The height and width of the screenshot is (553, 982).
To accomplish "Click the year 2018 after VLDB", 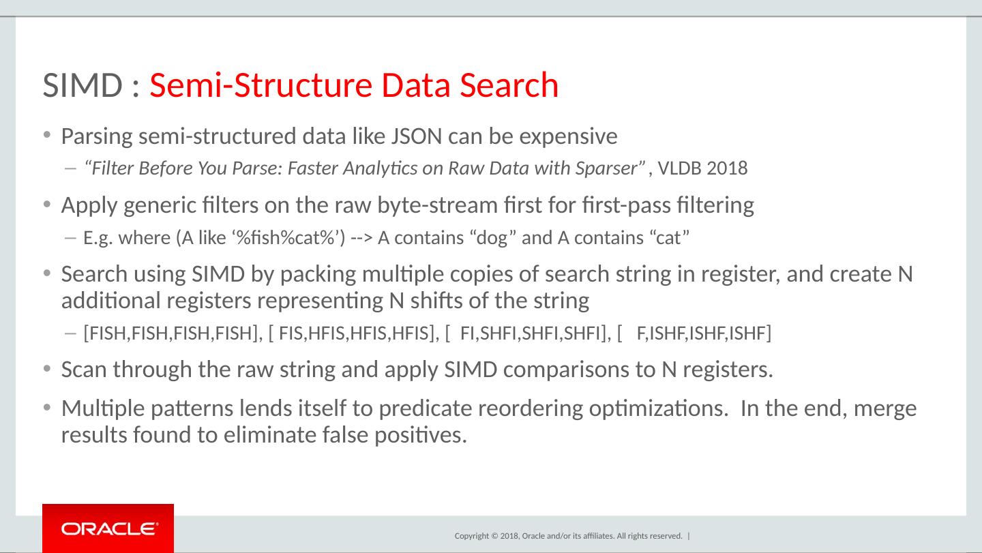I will click(x=727, y=168).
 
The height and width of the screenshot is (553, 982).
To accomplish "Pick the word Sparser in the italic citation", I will click(x=612, y=168).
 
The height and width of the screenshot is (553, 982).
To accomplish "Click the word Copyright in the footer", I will click(x=471, y=536).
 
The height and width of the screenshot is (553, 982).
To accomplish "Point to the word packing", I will click(x=308, y=274).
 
